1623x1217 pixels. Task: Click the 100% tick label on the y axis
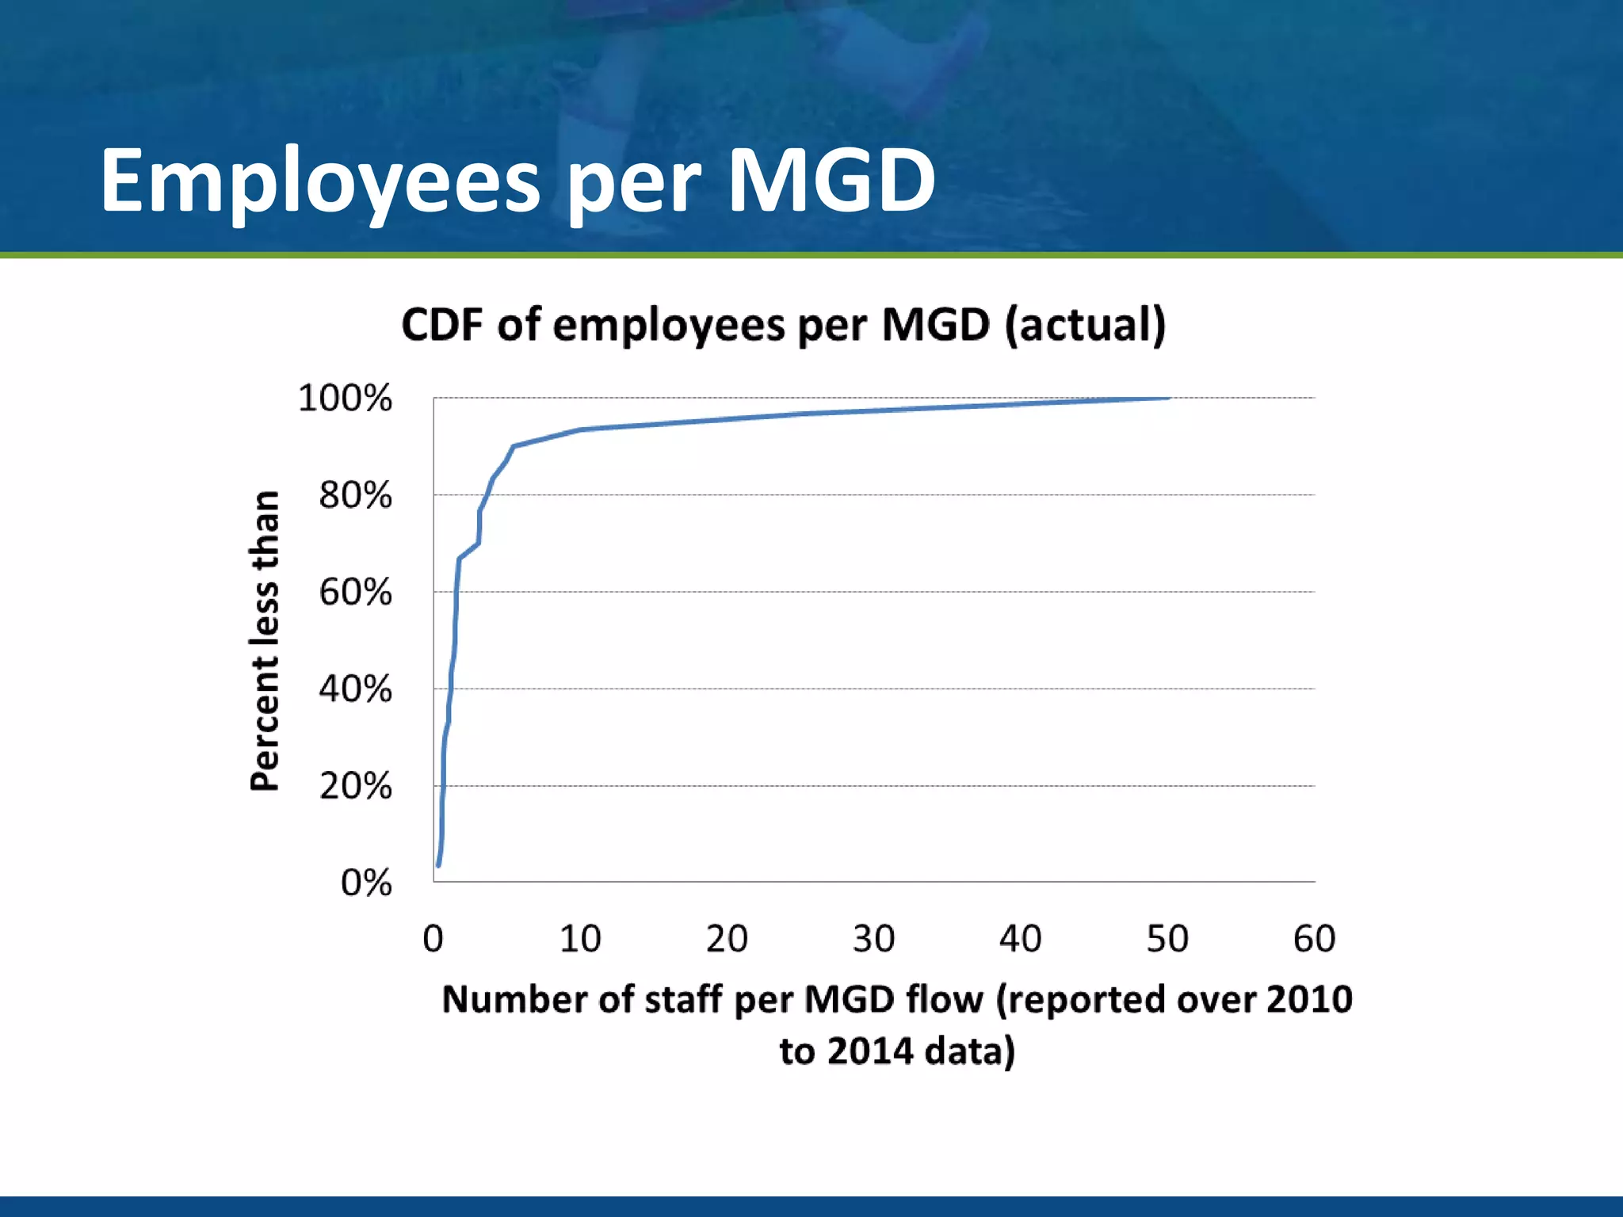coord(345,398)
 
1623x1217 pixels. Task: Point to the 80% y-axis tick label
coord(355,495)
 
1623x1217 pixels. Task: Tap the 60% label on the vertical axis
coord(355,592)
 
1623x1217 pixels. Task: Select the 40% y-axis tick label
coord(355,689)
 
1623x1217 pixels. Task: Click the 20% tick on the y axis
coord(355,786)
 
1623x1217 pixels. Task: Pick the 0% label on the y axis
coord(366,883)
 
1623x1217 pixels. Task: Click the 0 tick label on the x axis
coord(433,939)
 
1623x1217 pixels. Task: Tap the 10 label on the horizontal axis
coord(580,939)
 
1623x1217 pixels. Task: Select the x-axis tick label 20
coord(727,939)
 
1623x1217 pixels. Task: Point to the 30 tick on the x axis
coord(873,939)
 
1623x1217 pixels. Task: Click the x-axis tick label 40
coord(1020,939)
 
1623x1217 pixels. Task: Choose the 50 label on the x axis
coord(1167,939)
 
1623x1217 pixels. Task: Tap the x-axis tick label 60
coord(1314,939)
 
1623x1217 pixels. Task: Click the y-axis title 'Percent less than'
coord(265,640)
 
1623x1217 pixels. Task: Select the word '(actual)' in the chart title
coord(1085,325)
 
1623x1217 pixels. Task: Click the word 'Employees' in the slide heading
coord(319,182)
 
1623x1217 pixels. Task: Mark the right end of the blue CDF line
coord(1168,398)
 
